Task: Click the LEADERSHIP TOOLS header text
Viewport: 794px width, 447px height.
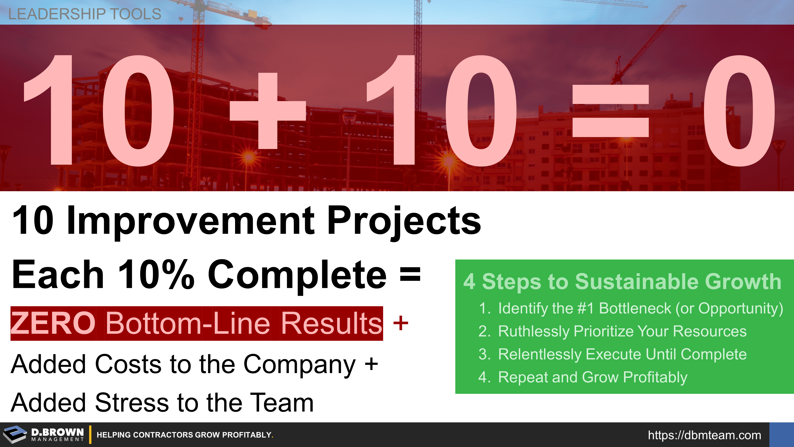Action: (x=84, y=14)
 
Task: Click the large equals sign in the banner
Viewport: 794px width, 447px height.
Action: (x=610, y=111)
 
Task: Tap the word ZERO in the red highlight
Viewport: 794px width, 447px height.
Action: (x=53, y=323)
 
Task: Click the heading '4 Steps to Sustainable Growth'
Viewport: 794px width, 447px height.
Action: (x=622, y=281)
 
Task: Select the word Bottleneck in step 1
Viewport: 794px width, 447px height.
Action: (x=635, y=308)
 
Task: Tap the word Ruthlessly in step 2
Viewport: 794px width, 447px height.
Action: (x=533, y=332)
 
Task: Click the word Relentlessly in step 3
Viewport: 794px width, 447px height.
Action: (x=539, y=354)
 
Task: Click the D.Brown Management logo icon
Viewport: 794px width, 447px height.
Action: (x=15, y=435)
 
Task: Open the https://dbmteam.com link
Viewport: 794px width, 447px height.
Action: (x=704, y=435)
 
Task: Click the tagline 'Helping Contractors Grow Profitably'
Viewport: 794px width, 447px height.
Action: (x=185, y=435)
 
